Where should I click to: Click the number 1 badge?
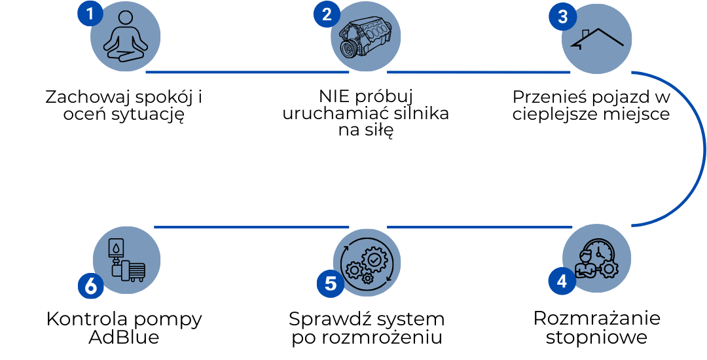tap(90, 13)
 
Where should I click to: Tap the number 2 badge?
tap(327, 14)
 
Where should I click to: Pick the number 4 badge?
tap(562, 281)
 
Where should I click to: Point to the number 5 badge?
tap(330, 284)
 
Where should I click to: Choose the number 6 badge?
tap(91, 285)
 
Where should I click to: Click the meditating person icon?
tap(125, 37)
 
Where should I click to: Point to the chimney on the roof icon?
tap(585, 33)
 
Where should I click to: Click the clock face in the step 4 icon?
tap(602, 252)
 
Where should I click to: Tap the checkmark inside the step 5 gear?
tap(374, 260)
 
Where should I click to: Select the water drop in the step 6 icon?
tap(115, 248)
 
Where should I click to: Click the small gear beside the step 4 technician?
tap(609, 269)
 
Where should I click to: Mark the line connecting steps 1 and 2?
tap(247, 73)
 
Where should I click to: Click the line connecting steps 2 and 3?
tap(479, 73)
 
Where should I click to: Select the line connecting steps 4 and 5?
tap(480, 227)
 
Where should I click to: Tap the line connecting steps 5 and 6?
tap(251, 227)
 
